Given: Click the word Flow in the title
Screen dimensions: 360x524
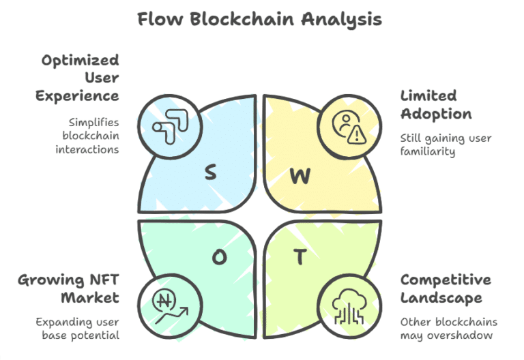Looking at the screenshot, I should (x=160, y=19).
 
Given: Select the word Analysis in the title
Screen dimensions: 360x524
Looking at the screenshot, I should (x=342, y=19).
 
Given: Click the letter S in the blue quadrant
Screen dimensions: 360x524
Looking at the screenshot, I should (x=210, y=172).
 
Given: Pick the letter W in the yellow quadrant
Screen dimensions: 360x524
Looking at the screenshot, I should (x=300, y=175).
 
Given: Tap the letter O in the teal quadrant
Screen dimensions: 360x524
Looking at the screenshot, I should (x=219, y=256).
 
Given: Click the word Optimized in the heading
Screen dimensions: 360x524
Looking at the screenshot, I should (x=80, y=60).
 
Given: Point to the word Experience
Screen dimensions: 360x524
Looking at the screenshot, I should (x=77, y=95).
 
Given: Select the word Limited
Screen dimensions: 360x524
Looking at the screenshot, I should (x=428, y=95).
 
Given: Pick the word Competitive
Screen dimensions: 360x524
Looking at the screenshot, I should (x=445, y=280).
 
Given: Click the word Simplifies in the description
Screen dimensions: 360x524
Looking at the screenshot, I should (x=93, y=122).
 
